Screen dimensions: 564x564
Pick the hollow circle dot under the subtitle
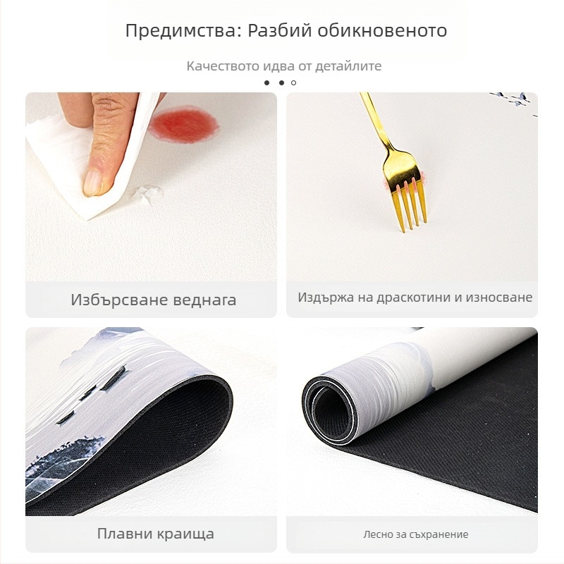pyautogui.click(x=294, y=82)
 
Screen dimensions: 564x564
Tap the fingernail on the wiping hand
pyautogui.click(x=93, y=183)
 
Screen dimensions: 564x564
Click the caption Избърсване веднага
pyautogui.click(x=153, y=300)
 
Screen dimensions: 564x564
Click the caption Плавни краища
pyautogui.click(x=154, y=534)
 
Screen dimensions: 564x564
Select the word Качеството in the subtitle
pyautogui.click(x=218, y=66)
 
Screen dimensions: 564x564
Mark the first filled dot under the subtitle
pyautogui.click(x=267, y=82)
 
